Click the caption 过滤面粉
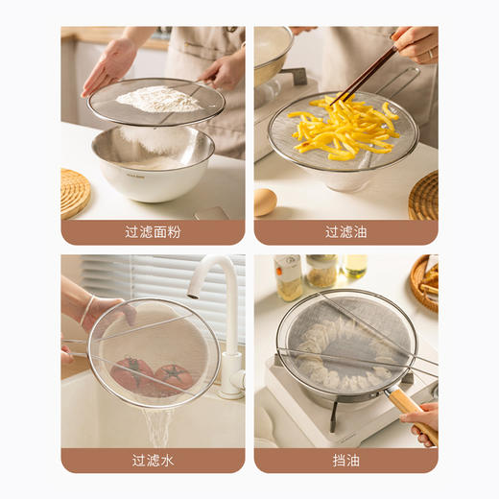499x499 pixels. click(153, 232)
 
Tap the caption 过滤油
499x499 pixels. click(345, 232)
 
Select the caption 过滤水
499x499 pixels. click(153, 460)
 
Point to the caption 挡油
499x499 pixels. click(345, 460)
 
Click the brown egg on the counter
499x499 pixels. click(265, 201)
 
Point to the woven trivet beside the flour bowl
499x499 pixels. click(74, 192)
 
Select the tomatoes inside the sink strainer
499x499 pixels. click(154, 374)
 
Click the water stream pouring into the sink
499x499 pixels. click(158, 427)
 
